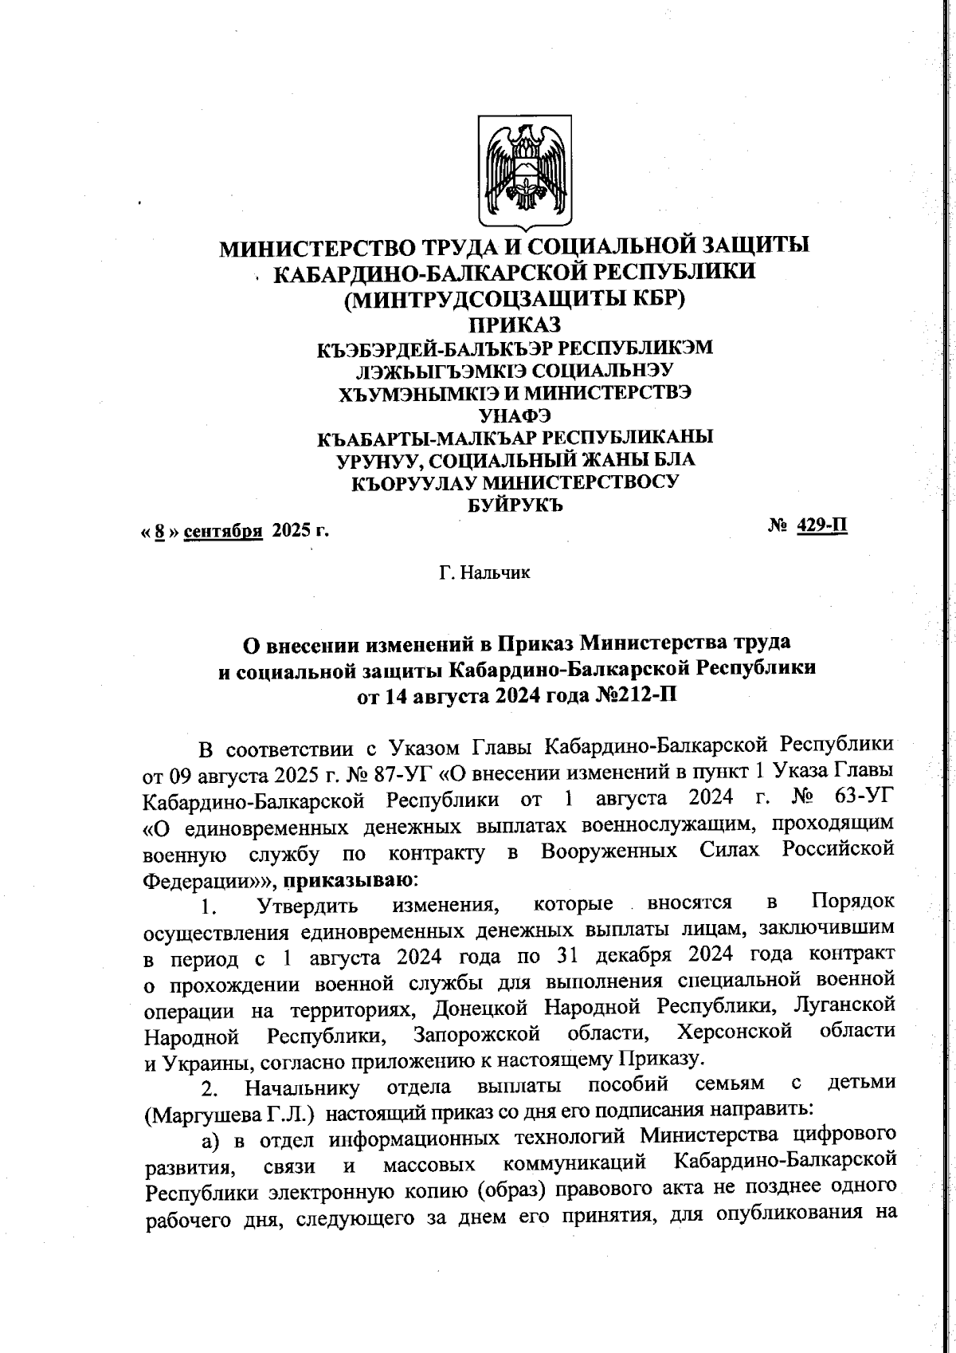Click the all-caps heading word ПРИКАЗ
point(515,325)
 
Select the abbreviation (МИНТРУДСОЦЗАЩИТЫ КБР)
point(515,300)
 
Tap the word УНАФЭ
point(515,415)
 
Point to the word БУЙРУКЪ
point(515,505)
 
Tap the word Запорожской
point(476,1034)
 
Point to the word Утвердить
point(307,906)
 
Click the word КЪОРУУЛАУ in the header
point(413,482)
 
